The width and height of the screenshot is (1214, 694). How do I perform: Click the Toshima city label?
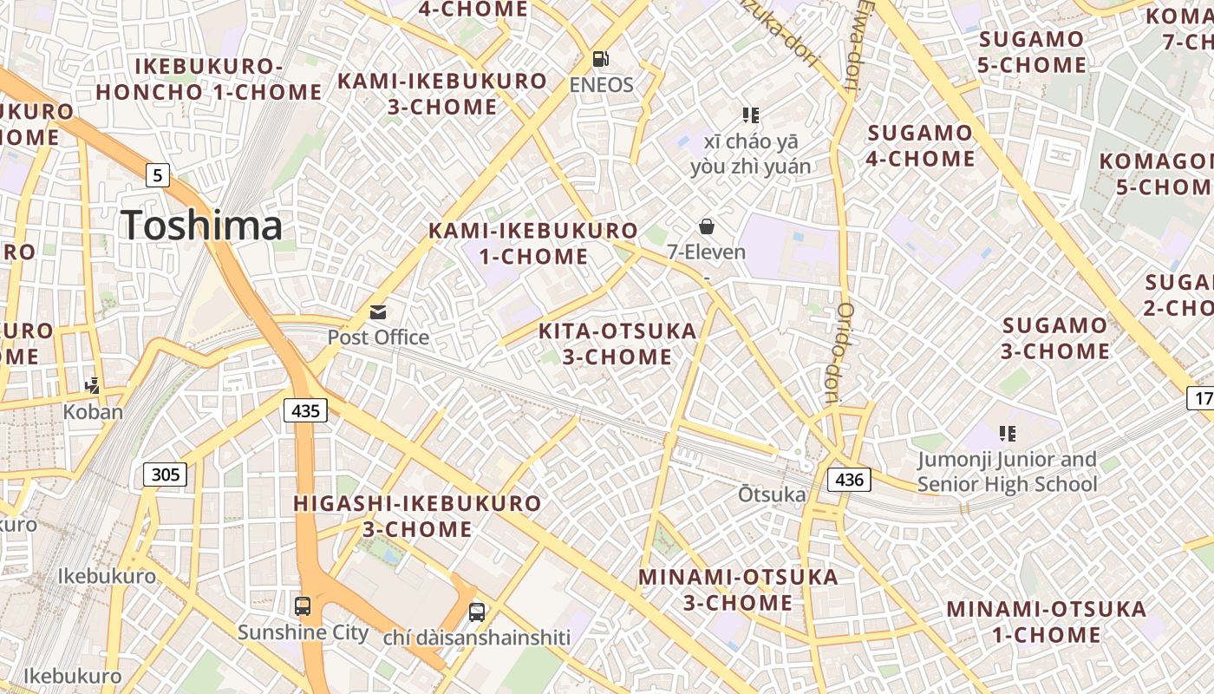point(201,226)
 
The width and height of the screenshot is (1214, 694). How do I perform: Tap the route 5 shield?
point(156,175)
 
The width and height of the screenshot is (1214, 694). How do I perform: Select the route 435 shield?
point(306,410)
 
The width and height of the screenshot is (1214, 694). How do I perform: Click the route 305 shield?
point(165,474)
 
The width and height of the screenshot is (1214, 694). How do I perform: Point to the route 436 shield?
point(849,479)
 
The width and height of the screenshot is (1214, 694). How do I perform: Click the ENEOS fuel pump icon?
point(600,59)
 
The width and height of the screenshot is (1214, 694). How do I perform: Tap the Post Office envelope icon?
point(378,312)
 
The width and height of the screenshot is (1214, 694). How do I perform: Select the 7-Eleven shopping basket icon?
point(707,226)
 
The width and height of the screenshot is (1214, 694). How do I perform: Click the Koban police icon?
point(93,386)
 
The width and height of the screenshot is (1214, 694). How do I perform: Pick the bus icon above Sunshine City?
point(303,606)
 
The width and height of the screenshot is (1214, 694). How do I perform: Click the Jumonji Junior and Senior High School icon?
point(1007,433)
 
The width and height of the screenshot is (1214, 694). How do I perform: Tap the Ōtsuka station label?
point(772,494)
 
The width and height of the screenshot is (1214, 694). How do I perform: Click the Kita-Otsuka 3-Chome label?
point(617,344)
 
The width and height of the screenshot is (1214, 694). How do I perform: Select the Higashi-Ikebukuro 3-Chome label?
point(417,515)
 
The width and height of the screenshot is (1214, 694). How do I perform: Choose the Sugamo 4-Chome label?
point(921,146)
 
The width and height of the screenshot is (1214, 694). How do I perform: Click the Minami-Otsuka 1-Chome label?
point(1046,621)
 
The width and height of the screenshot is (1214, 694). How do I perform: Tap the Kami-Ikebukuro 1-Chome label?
point(533,244)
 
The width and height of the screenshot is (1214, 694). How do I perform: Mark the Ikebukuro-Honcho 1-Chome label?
point(209,79)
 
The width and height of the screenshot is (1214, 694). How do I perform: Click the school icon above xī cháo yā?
point(751,115)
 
